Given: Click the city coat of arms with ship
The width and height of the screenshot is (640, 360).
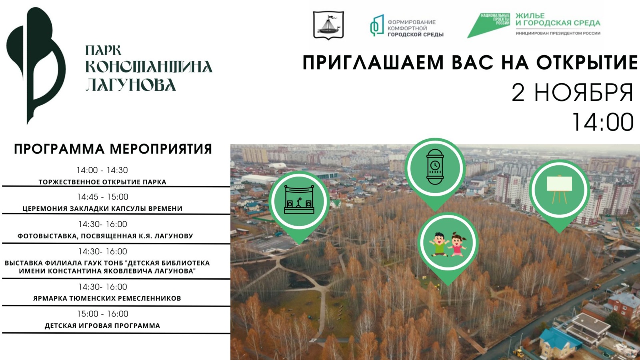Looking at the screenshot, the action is tap(328, 25).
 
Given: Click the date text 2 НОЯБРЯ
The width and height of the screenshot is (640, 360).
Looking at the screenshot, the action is tap(572, 92).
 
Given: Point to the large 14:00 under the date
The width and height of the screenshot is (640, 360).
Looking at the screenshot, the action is tap(603, 122).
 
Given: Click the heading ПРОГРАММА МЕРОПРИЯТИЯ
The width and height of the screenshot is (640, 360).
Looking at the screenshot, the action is tap(113, 149).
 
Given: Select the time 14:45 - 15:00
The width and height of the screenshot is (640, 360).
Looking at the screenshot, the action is tap(102, 197).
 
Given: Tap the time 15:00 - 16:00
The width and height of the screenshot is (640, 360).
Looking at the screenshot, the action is tap(102, 314).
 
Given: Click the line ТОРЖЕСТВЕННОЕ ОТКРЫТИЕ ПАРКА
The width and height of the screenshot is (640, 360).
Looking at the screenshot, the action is tap(102, 182).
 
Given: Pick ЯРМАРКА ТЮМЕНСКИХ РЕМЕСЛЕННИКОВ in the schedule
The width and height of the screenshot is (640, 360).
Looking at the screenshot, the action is tap(107, 298).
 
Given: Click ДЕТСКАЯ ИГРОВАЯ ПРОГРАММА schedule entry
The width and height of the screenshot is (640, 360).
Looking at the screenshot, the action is tap(102, 326).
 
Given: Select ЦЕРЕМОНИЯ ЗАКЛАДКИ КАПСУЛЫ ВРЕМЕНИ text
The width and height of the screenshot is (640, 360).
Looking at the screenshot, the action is tap(102, 208).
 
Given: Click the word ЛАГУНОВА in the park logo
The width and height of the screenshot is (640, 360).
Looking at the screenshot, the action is tap(130, 84).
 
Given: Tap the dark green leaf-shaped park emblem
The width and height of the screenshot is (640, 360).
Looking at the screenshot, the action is tap(36, 66).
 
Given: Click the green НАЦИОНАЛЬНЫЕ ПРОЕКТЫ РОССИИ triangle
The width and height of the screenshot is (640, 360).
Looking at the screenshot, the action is tap(488, 25).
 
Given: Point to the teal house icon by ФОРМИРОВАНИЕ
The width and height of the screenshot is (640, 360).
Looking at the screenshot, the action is tap(377, 26).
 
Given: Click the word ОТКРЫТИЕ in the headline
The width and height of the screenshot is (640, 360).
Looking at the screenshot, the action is tap(587, 62).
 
